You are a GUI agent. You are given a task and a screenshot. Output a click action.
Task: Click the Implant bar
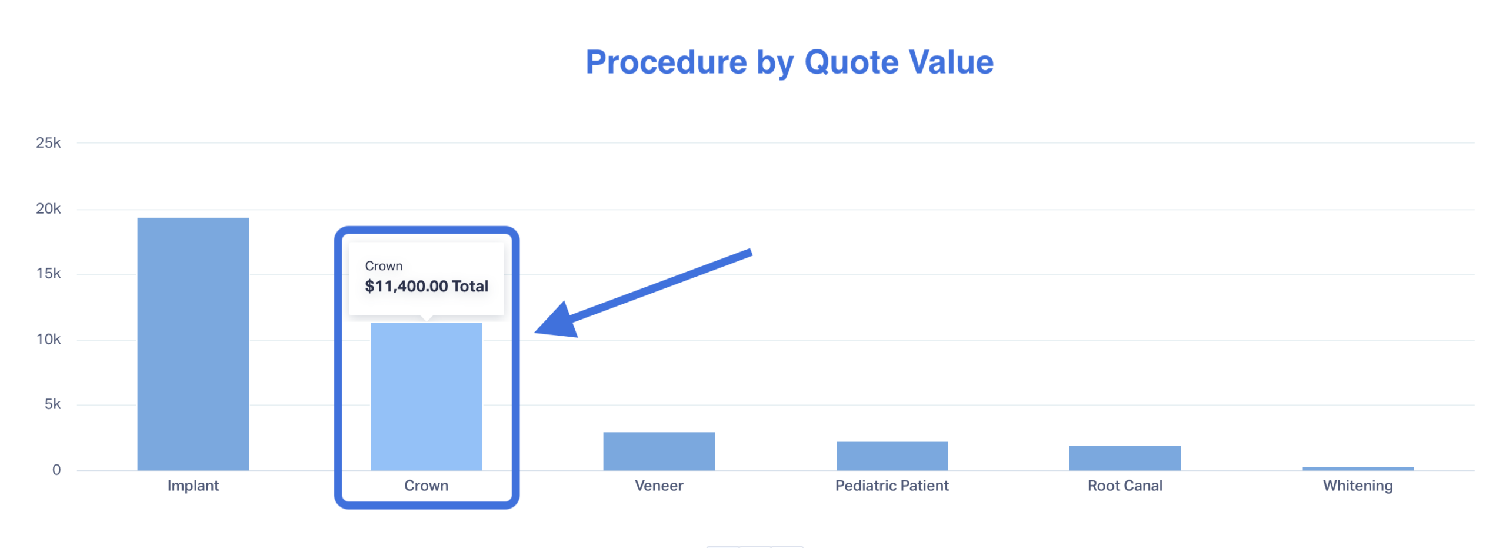coord(193,344)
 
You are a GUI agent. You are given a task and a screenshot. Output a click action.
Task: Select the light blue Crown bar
coord(427,396)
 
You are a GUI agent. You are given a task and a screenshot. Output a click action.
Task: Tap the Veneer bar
coord(659,451)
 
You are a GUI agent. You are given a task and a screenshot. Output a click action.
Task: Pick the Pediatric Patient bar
coord(892,456)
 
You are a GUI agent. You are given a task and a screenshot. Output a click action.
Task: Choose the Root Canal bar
coord(1125,458)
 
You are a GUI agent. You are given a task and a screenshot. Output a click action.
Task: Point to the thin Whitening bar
coord(1358,469)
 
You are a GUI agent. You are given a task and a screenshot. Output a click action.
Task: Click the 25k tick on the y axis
coord(48,143)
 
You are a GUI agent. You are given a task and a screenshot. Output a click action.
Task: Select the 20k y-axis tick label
coord(48,209)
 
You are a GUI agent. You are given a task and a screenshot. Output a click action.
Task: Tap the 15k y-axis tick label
coord(48,274)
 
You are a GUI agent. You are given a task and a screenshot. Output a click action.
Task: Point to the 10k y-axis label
coord(48,340)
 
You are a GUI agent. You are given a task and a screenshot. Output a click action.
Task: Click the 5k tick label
coord(52,404)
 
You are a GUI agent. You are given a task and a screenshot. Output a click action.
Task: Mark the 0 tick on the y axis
coord(56,470)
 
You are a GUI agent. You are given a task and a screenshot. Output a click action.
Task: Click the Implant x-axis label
coord(193,486)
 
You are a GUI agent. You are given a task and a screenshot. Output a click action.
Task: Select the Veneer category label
coord(659,486)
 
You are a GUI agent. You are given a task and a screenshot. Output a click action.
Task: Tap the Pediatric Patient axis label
coord(892,486)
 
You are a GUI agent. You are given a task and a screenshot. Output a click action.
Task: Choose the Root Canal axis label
coord(1125,486)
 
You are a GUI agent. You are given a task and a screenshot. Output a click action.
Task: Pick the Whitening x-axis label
coord(1358,486)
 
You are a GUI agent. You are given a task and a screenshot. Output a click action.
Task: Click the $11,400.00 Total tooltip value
coord(427,287)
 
